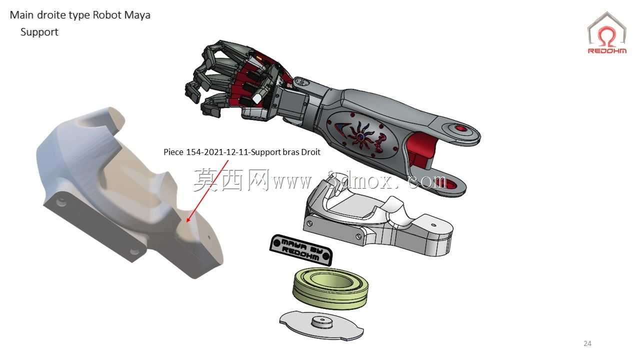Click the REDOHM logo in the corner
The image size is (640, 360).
pyautogui.click(x=607, y=33)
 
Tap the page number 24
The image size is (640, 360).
pyautogui.click(x=587, y=343)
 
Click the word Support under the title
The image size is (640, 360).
pyautogui.click(x=39, y=32)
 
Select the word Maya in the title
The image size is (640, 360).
pyautogui.click(x=137, y=15)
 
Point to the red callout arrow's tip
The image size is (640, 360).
pyautogui.click(x=187, y=221)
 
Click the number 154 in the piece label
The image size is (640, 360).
pyautogui.click(x=193, y=152)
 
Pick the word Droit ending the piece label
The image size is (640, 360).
pyautogui.click(x=310, y=152)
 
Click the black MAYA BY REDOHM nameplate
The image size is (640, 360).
pyautogui.click(x=301, y=250)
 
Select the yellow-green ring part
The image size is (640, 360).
pyautogui.click(x=330, y=287)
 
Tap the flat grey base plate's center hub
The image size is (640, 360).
pyautogui.click(x=322, y=322)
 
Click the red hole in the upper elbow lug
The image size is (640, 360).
pyautogui.click(x=461, y=128)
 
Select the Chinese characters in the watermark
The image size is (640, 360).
pyautogui.click(x=231, y=180)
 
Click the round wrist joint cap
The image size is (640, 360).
pyautogui.click(x=301, y=83)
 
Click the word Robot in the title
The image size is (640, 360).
pyautogui.click(x=107, y=15)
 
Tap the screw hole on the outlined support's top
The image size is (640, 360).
pyautogui.click(x=433, y=225)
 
